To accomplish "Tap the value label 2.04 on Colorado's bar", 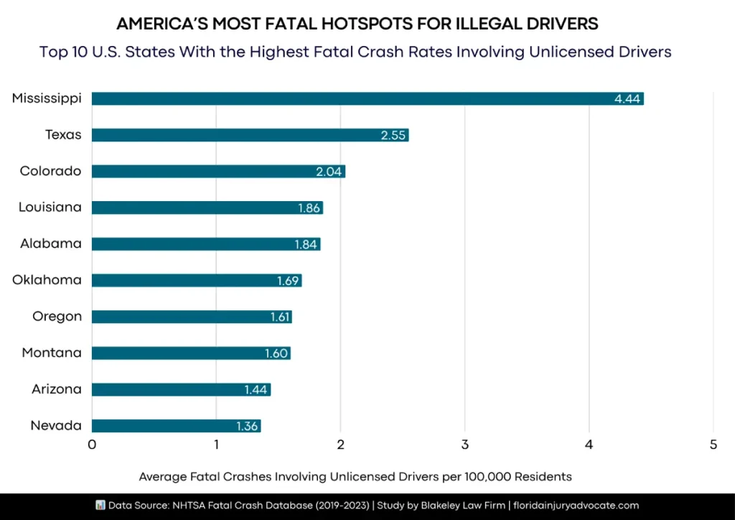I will (x=329, y=172).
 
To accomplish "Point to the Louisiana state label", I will (x=50, y=208).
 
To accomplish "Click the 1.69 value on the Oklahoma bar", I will (x=288, y=281).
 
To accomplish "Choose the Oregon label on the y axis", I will (x=57, y=317).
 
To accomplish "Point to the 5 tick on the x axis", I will (x=713, y=445).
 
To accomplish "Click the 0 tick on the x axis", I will (x=92, y=445).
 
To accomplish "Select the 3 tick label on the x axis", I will (x=465, y=445).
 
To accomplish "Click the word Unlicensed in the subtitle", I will (x=568, y=52).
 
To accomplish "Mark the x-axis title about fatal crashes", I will (x=355, y=476).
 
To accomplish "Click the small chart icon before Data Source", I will (x=100, y=506).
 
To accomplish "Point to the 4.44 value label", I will (x=627, y=99).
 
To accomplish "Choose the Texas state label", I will (x=63, y=135).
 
